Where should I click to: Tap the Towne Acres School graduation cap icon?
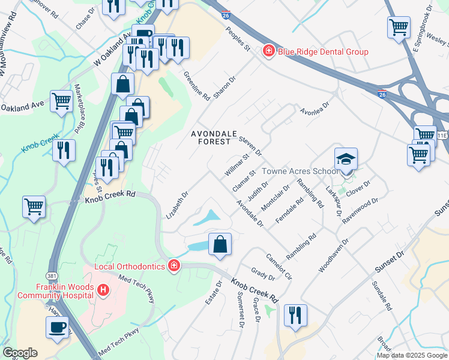click(346, 160)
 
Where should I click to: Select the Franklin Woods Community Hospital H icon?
click(103, 290)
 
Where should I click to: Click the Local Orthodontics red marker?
click(173, 265)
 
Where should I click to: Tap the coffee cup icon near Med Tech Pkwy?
click(58, 328)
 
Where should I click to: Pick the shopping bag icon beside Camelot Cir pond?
click(220, 244)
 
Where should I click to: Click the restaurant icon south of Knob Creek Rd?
click(295, 315)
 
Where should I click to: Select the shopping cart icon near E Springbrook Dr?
click(399, 28)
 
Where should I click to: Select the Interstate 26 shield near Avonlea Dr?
click(382, 94)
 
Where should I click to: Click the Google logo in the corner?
click(19, 353)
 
